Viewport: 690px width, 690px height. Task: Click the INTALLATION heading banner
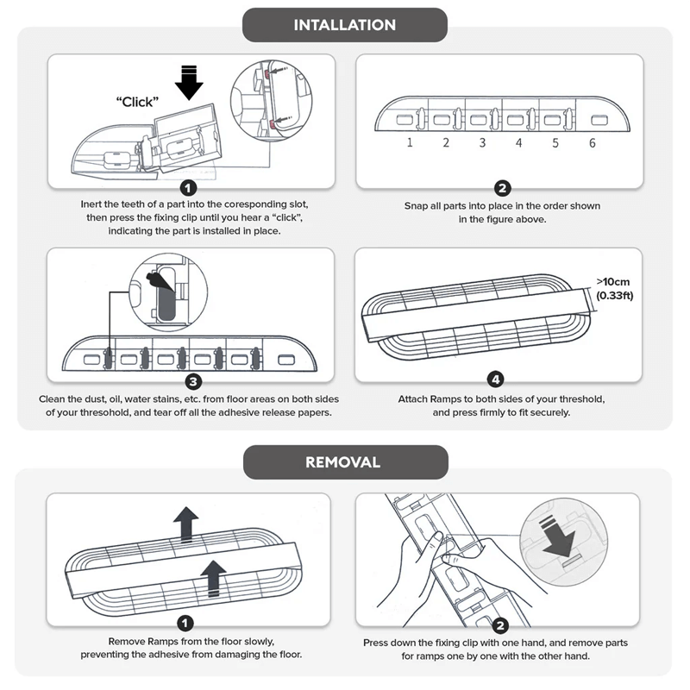[344, 24]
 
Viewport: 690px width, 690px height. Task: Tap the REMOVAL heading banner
[344, 462]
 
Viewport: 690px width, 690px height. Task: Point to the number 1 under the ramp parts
[410, 143]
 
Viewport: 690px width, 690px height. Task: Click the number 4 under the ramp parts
[518, 143]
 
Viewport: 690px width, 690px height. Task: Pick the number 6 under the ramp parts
[592, 143]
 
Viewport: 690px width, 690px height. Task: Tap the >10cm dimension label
[614, 281]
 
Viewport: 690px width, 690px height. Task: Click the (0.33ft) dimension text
[614, 296]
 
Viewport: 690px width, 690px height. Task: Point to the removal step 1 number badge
[187, 624]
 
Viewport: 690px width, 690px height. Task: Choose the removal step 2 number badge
[502, 627]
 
